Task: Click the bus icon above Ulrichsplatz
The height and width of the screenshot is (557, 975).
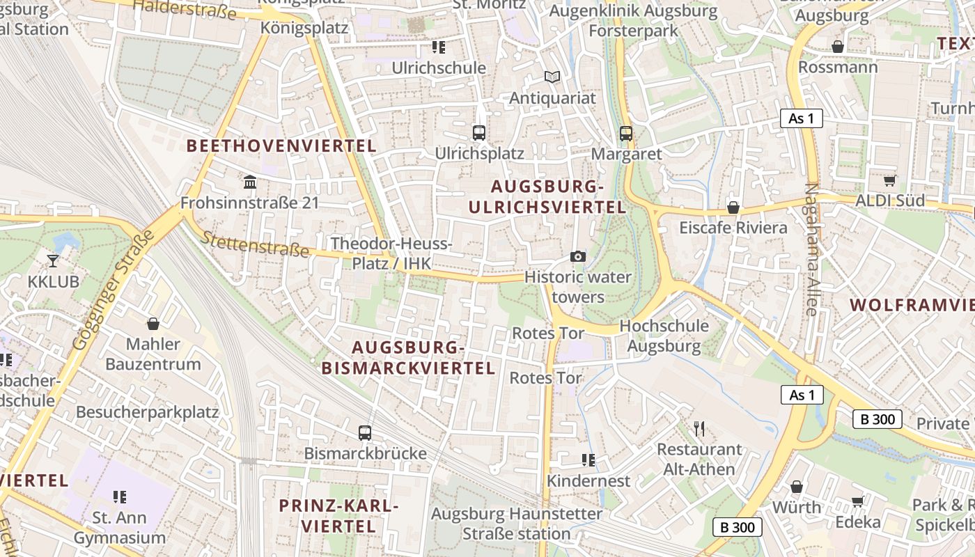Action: point(479,132)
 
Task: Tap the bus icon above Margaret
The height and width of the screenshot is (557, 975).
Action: point(625,133)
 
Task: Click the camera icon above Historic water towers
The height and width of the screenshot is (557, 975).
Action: point(577,256)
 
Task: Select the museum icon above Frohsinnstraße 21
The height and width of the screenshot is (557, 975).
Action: point(249,182)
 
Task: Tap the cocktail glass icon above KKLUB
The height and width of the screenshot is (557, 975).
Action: point(53,261)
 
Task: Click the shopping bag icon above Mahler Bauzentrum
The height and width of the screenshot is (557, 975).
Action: point(153,324)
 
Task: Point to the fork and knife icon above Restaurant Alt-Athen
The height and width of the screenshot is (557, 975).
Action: point(700,428)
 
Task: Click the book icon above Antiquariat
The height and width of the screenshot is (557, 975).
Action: point(552,77)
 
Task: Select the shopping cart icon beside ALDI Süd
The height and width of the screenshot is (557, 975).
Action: point(889,181)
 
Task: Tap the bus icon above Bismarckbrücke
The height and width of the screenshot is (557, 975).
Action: point(365,432)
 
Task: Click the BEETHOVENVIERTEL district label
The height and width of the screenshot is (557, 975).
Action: point(281,146)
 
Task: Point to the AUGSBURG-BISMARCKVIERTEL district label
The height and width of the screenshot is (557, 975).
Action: point(408,358)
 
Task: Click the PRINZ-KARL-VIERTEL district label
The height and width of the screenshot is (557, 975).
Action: point(338,516)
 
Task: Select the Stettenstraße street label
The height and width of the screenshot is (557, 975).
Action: point(255,244)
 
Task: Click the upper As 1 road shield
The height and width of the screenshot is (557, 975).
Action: point(801,118)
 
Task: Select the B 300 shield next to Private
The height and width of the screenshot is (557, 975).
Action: point(877,419)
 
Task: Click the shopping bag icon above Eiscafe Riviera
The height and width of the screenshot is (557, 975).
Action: point(733,207)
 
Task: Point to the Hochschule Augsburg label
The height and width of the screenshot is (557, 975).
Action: point(664,336)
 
